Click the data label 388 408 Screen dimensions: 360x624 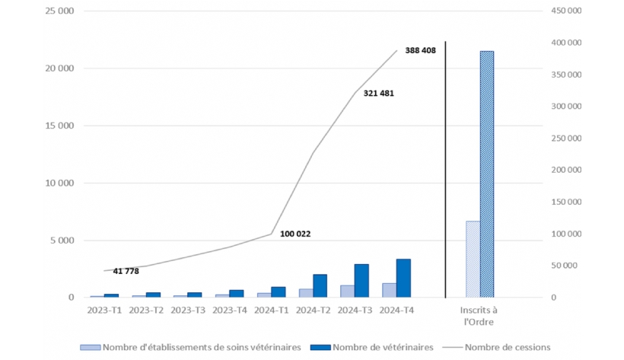pyautogui.click(x=421, y=51)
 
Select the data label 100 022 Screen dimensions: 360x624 pyautogui.click(x=295, y=233)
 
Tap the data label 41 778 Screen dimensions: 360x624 pyautogui.click(x=123, y=271)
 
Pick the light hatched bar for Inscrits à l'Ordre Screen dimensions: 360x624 pyautogui.click(x=473, y=259)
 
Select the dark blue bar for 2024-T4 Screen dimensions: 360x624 pyautogui.click(x=403, y=278)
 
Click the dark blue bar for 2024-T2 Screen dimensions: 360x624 pyautogui.click(x=320, y=285)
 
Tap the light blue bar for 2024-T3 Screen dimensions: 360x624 pyautogui.click(x=347, y=291)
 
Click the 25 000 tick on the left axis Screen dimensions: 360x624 pyautogui.click(x=59, y=11)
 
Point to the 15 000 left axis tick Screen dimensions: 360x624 pyautogui.click(x=59, y=126)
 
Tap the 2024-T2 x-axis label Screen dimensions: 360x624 pyautogui.click(x=312, y=311)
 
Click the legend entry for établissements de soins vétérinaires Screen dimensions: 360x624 pyautogui.click(x=199, y=347)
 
